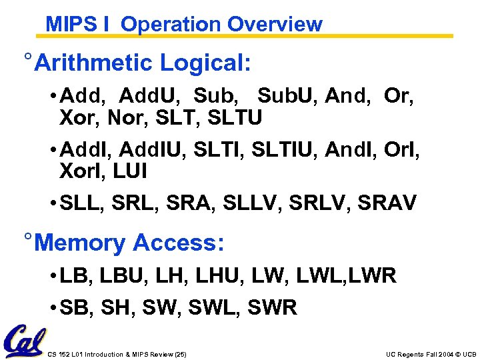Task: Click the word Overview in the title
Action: click(274, 25)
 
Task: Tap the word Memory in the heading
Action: click(80, 242)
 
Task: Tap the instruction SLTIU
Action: click(283, 150)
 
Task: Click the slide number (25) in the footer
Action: click(179, 354)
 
